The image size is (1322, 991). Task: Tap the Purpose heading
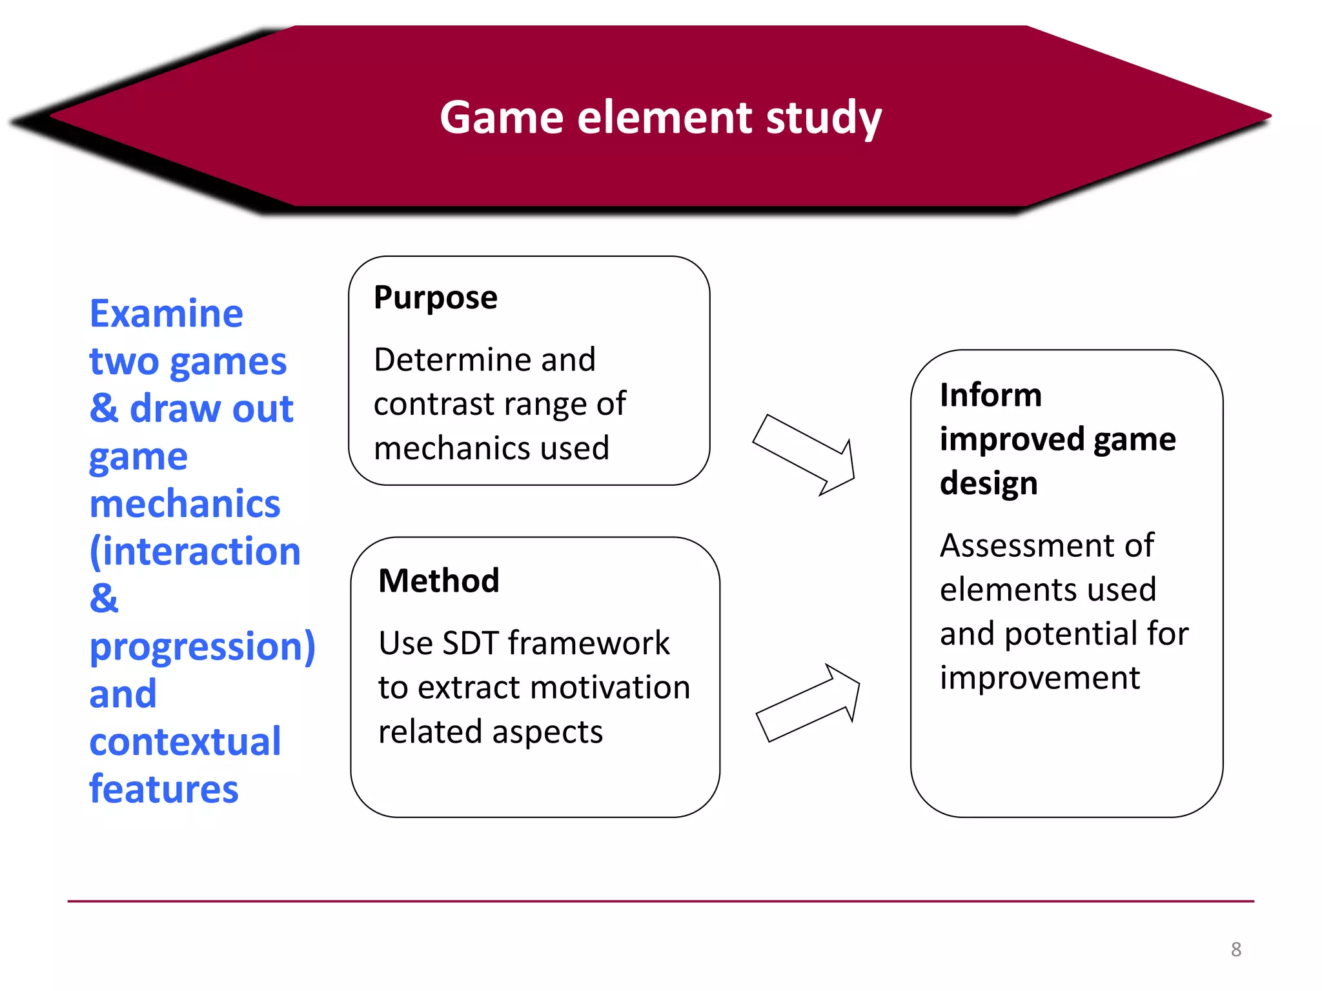436,298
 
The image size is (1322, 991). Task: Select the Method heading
439,581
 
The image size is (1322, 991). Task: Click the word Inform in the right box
990,395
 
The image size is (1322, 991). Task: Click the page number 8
1236,949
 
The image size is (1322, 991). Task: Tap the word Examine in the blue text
167,314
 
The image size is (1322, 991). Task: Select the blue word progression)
202,647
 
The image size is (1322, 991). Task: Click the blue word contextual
185,742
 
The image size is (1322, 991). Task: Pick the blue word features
164,789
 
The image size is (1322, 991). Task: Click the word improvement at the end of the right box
1039,678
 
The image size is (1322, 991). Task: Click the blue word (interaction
195,552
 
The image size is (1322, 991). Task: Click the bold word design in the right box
988,484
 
